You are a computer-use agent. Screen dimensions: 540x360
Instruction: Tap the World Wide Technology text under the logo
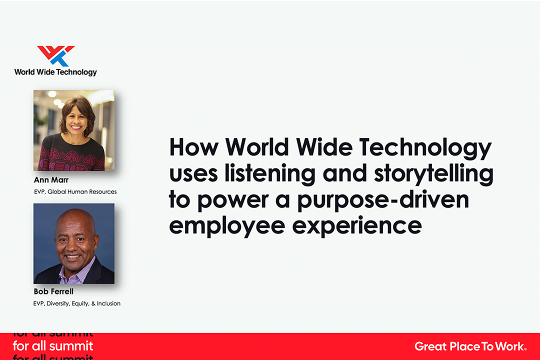pos(55,72)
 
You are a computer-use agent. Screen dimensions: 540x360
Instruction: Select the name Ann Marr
pos(51,180)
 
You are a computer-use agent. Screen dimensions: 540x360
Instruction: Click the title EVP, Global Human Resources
pos(75,192)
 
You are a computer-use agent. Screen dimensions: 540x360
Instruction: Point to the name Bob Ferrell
pos(53,291)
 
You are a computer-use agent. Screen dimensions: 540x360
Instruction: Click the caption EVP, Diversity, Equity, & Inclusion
pos(77,303)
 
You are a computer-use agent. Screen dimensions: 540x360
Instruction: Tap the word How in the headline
pos(194,147)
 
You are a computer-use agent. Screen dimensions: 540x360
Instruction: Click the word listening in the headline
pos(270,174)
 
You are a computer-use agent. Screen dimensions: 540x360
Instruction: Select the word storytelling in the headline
pos(434,174)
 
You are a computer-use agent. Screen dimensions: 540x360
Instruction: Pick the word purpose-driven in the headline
pos(383,200)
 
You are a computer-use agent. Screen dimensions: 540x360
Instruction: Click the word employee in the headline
pos(227,226)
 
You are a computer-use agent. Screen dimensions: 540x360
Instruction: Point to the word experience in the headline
pos(357,226)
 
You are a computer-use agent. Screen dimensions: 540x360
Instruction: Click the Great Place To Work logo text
pos(470,346)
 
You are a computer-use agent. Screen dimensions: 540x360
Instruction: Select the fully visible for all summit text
pos(53,345)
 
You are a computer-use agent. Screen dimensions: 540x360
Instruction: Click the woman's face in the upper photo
pos(77,120)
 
